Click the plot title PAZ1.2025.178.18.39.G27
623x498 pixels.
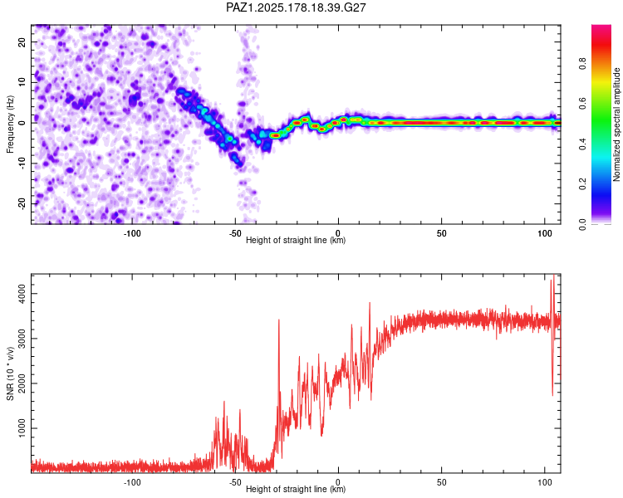(x=296, y=7)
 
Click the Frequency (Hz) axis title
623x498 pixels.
(x=10, y=124)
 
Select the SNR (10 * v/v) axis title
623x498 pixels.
(x=10, y=373)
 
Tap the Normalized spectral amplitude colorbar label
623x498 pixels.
(x=616, y=124)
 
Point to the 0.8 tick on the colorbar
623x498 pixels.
(x=582, y=64)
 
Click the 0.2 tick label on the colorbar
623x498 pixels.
(x=582, y=184)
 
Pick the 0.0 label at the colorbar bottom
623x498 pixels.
(x=582, y=224)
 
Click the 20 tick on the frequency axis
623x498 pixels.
(x=22, y=42)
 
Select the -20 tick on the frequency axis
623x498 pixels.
(x=22, y=203)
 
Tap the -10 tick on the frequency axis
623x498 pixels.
(x=22, y=164)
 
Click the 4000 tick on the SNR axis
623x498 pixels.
(x=22, y=294)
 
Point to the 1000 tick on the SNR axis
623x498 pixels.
(x=22, y=428)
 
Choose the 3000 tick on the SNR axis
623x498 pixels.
(x=22, y=339)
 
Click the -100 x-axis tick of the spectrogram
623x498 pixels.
(x=132, y=233)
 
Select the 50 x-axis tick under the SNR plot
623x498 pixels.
(x=441, y=482)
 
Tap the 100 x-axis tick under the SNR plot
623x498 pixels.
(x=545, y=482)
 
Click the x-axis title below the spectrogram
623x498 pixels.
(x=296, y=240)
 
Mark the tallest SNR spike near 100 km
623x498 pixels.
(x=553, y=275)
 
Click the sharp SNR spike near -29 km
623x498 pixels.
(x=279, y=320)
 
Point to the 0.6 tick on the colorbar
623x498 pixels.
(x=582, y=104)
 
